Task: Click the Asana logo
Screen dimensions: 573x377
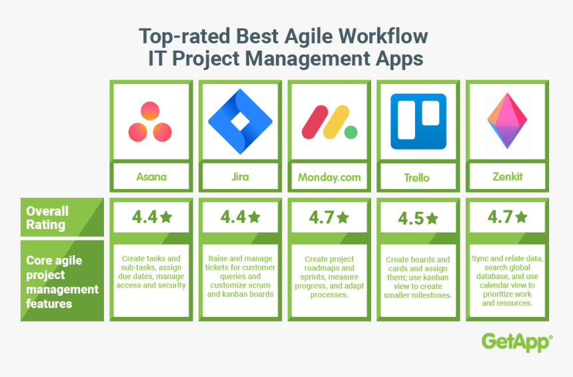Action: [x=150, y=122]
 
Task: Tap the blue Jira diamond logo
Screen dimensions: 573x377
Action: [x=240, y=121]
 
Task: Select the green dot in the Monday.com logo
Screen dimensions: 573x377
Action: [x=351, y=133]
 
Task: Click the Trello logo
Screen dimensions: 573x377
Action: [x=418, y=121]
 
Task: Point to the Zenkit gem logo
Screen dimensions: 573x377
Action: [x=507, y=121]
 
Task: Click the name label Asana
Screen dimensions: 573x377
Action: [x=151, y=177]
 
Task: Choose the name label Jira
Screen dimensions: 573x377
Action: [x=240, y=177]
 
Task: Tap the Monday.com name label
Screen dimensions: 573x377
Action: [x=329, y=177]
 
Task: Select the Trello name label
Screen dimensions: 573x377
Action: [x=416, y=178]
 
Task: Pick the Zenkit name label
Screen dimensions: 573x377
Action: [x=508, y=177]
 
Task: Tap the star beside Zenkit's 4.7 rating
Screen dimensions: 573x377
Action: [x=521, y=217]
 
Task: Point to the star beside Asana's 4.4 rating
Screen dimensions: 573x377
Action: [x=166, y=217]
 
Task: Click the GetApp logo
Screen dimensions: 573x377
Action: [x=517, y=342]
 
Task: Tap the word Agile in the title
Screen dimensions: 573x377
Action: [x=308, y=37]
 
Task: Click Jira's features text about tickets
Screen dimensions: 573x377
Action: [x=240, y=276]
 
